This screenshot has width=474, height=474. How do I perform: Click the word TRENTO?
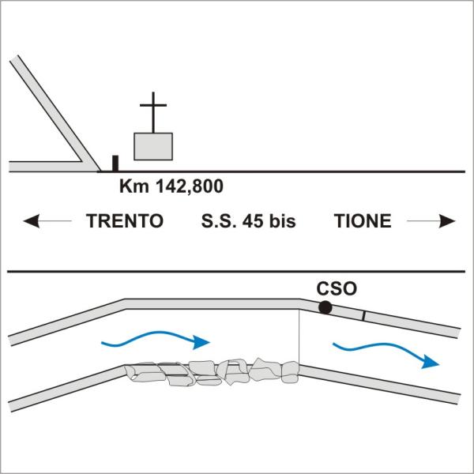(x=125, y=221)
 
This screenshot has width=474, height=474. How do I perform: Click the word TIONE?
(x=363, y=221)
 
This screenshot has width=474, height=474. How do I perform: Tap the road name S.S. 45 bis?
(x=248, y=221)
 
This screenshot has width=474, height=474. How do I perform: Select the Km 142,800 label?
(x=171, y=186)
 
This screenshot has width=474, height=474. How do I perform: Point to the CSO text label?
(x=337, y=288)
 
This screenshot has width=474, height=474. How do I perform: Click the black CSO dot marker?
(x=325, y=308)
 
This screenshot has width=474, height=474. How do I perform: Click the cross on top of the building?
(x=153, y=112)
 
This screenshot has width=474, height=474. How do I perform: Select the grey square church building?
(x=153, y=146)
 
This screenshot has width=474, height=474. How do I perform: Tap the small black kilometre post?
(x=115, y=164)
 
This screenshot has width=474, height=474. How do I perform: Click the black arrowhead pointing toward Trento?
(x=31, y=221)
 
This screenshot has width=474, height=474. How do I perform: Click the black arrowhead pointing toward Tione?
(x=447, y=221)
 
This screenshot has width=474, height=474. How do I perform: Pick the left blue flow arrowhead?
(x=201, y=342)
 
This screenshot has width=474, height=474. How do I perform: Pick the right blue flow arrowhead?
(x=430, y=362)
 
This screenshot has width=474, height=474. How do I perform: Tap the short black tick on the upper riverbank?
(x=364, y=315)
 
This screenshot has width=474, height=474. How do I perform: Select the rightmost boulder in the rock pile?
(x=290, y=372)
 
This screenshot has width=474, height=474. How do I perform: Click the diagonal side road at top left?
(x=55, y=113)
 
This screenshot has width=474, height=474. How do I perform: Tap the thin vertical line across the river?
(x=299, y=337)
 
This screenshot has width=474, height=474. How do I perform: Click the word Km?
(x=134, y=186)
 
